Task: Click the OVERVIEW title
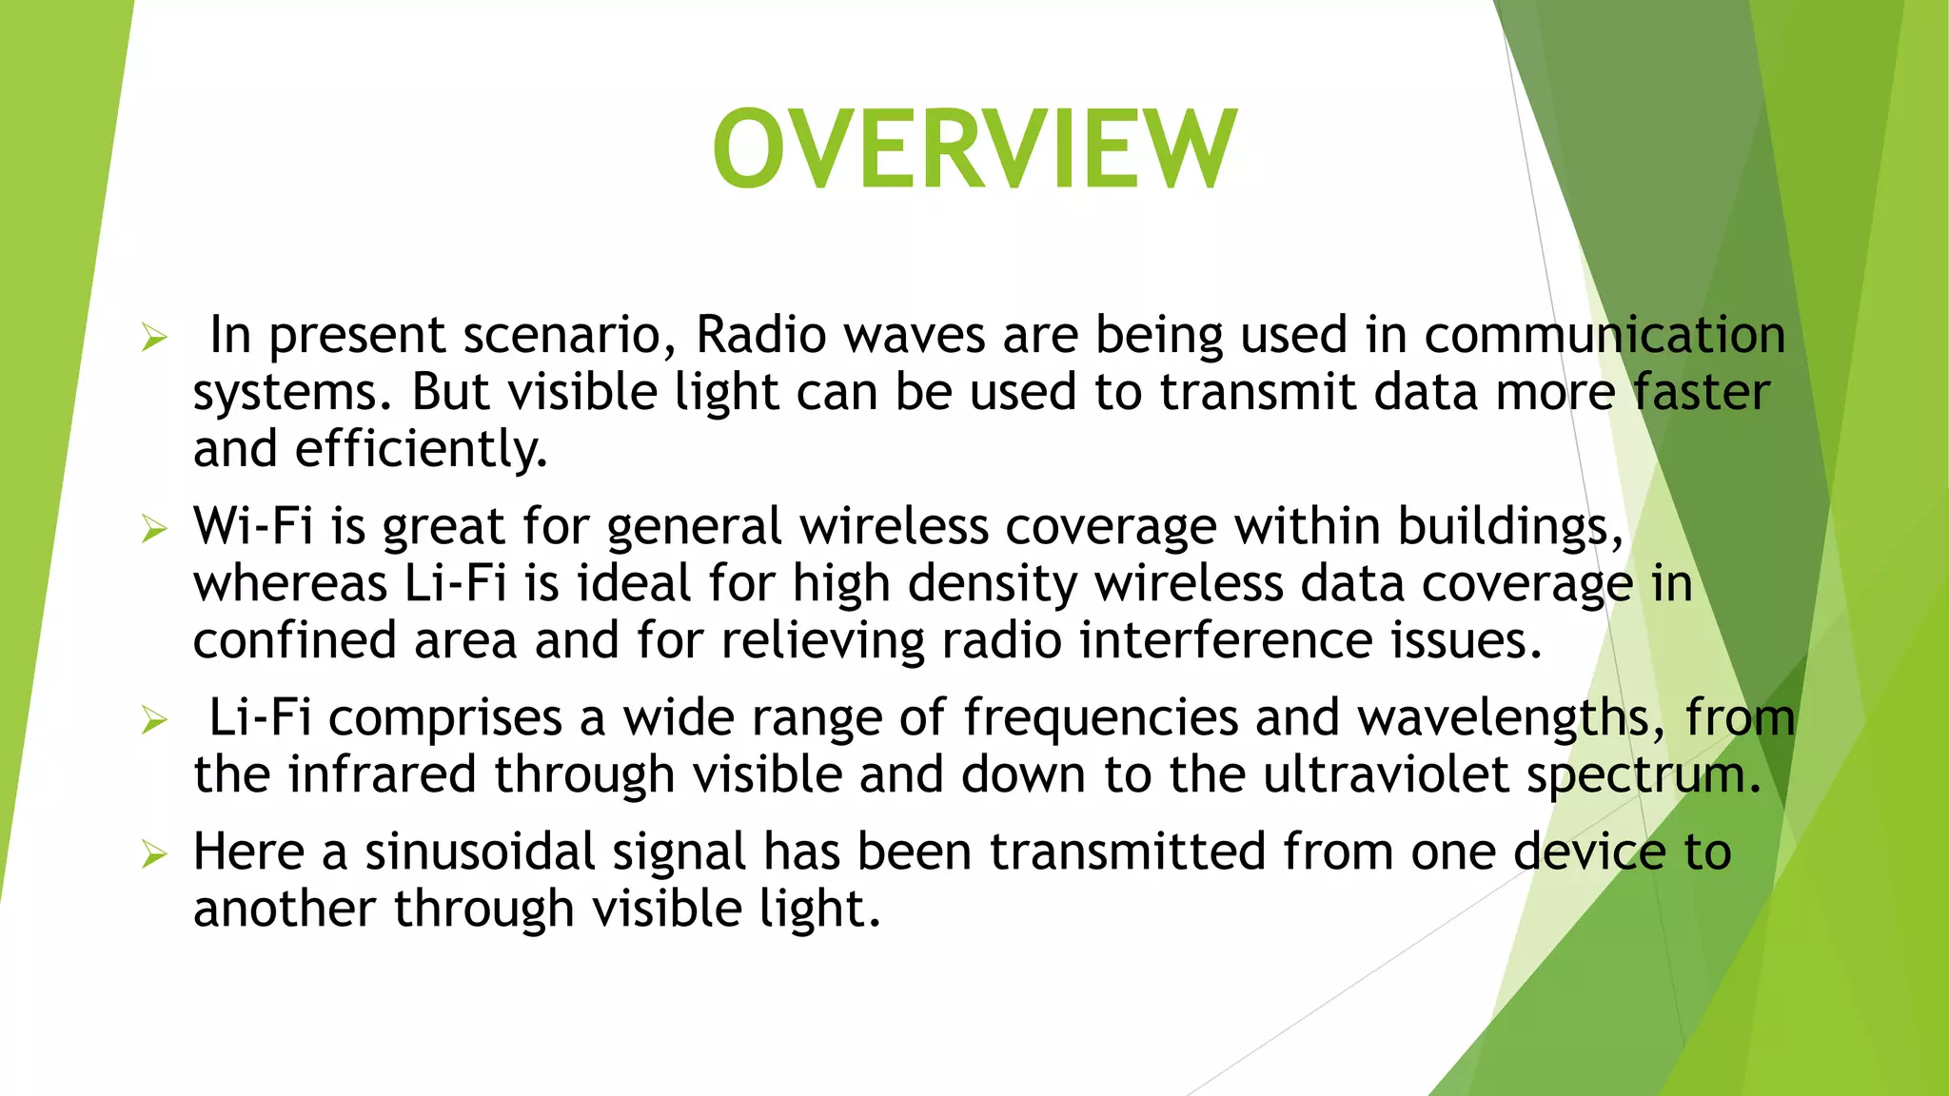pyautogui.click(x=974, y=150)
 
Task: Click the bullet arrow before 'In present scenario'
pyautogui.click(x=154, y=337)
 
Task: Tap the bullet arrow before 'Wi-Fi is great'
pyautogui.click(x=154, y=528)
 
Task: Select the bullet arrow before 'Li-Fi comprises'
pyautogui.click(x=154, y=719)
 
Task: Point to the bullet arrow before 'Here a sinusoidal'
pyautogui.click(x=154, y=853)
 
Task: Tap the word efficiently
pyautogui.click(x=421, y=450)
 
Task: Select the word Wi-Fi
pyautogui.click(x=253, y=526)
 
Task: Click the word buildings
pyautogui.click(x=1508, y=526)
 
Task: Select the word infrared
pyautogui.click(x=382, y=774)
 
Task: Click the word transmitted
pyautogui.click(x=1128, y=851)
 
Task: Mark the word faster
pyautogui.click(x=1701, y=392)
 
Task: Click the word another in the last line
pyautogui.click(x=285, y=909)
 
